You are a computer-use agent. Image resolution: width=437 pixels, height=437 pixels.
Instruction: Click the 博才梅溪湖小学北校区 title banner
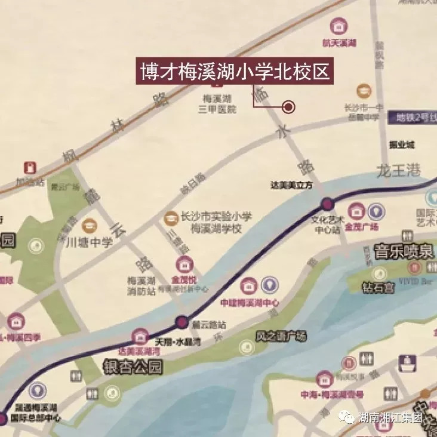pos(235,72)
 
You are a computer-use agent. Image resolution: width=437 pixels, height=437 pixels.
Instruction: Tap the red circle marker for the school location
pos(289,107)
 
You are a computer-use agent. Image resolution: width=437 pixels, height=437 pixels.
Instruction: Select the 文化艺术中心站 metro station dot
pos(327,204)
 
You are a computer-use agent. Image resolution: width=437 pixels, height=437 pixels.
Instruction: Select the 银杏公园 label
pos(133,367)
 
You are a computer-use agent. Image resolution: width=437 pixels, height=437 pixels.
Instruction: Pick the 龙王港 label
pos(399,172)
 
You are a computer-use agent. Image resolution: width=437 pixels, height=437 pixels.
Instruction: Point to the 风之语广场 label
pos(281,337)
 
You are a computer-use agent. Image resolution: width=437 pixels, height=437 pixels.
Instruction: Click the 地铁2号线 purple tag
pos(412,118)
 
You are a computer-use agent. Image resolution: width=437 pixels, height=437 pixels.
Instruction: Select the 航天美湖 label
pos(339,43)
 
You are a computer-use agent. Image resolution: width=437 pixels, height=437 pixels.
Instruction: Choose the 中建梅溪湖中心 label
pos(249,303)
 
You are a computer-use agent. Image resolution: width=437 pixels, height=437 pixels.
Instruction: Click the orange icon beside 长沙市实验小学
pos(170,219)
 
